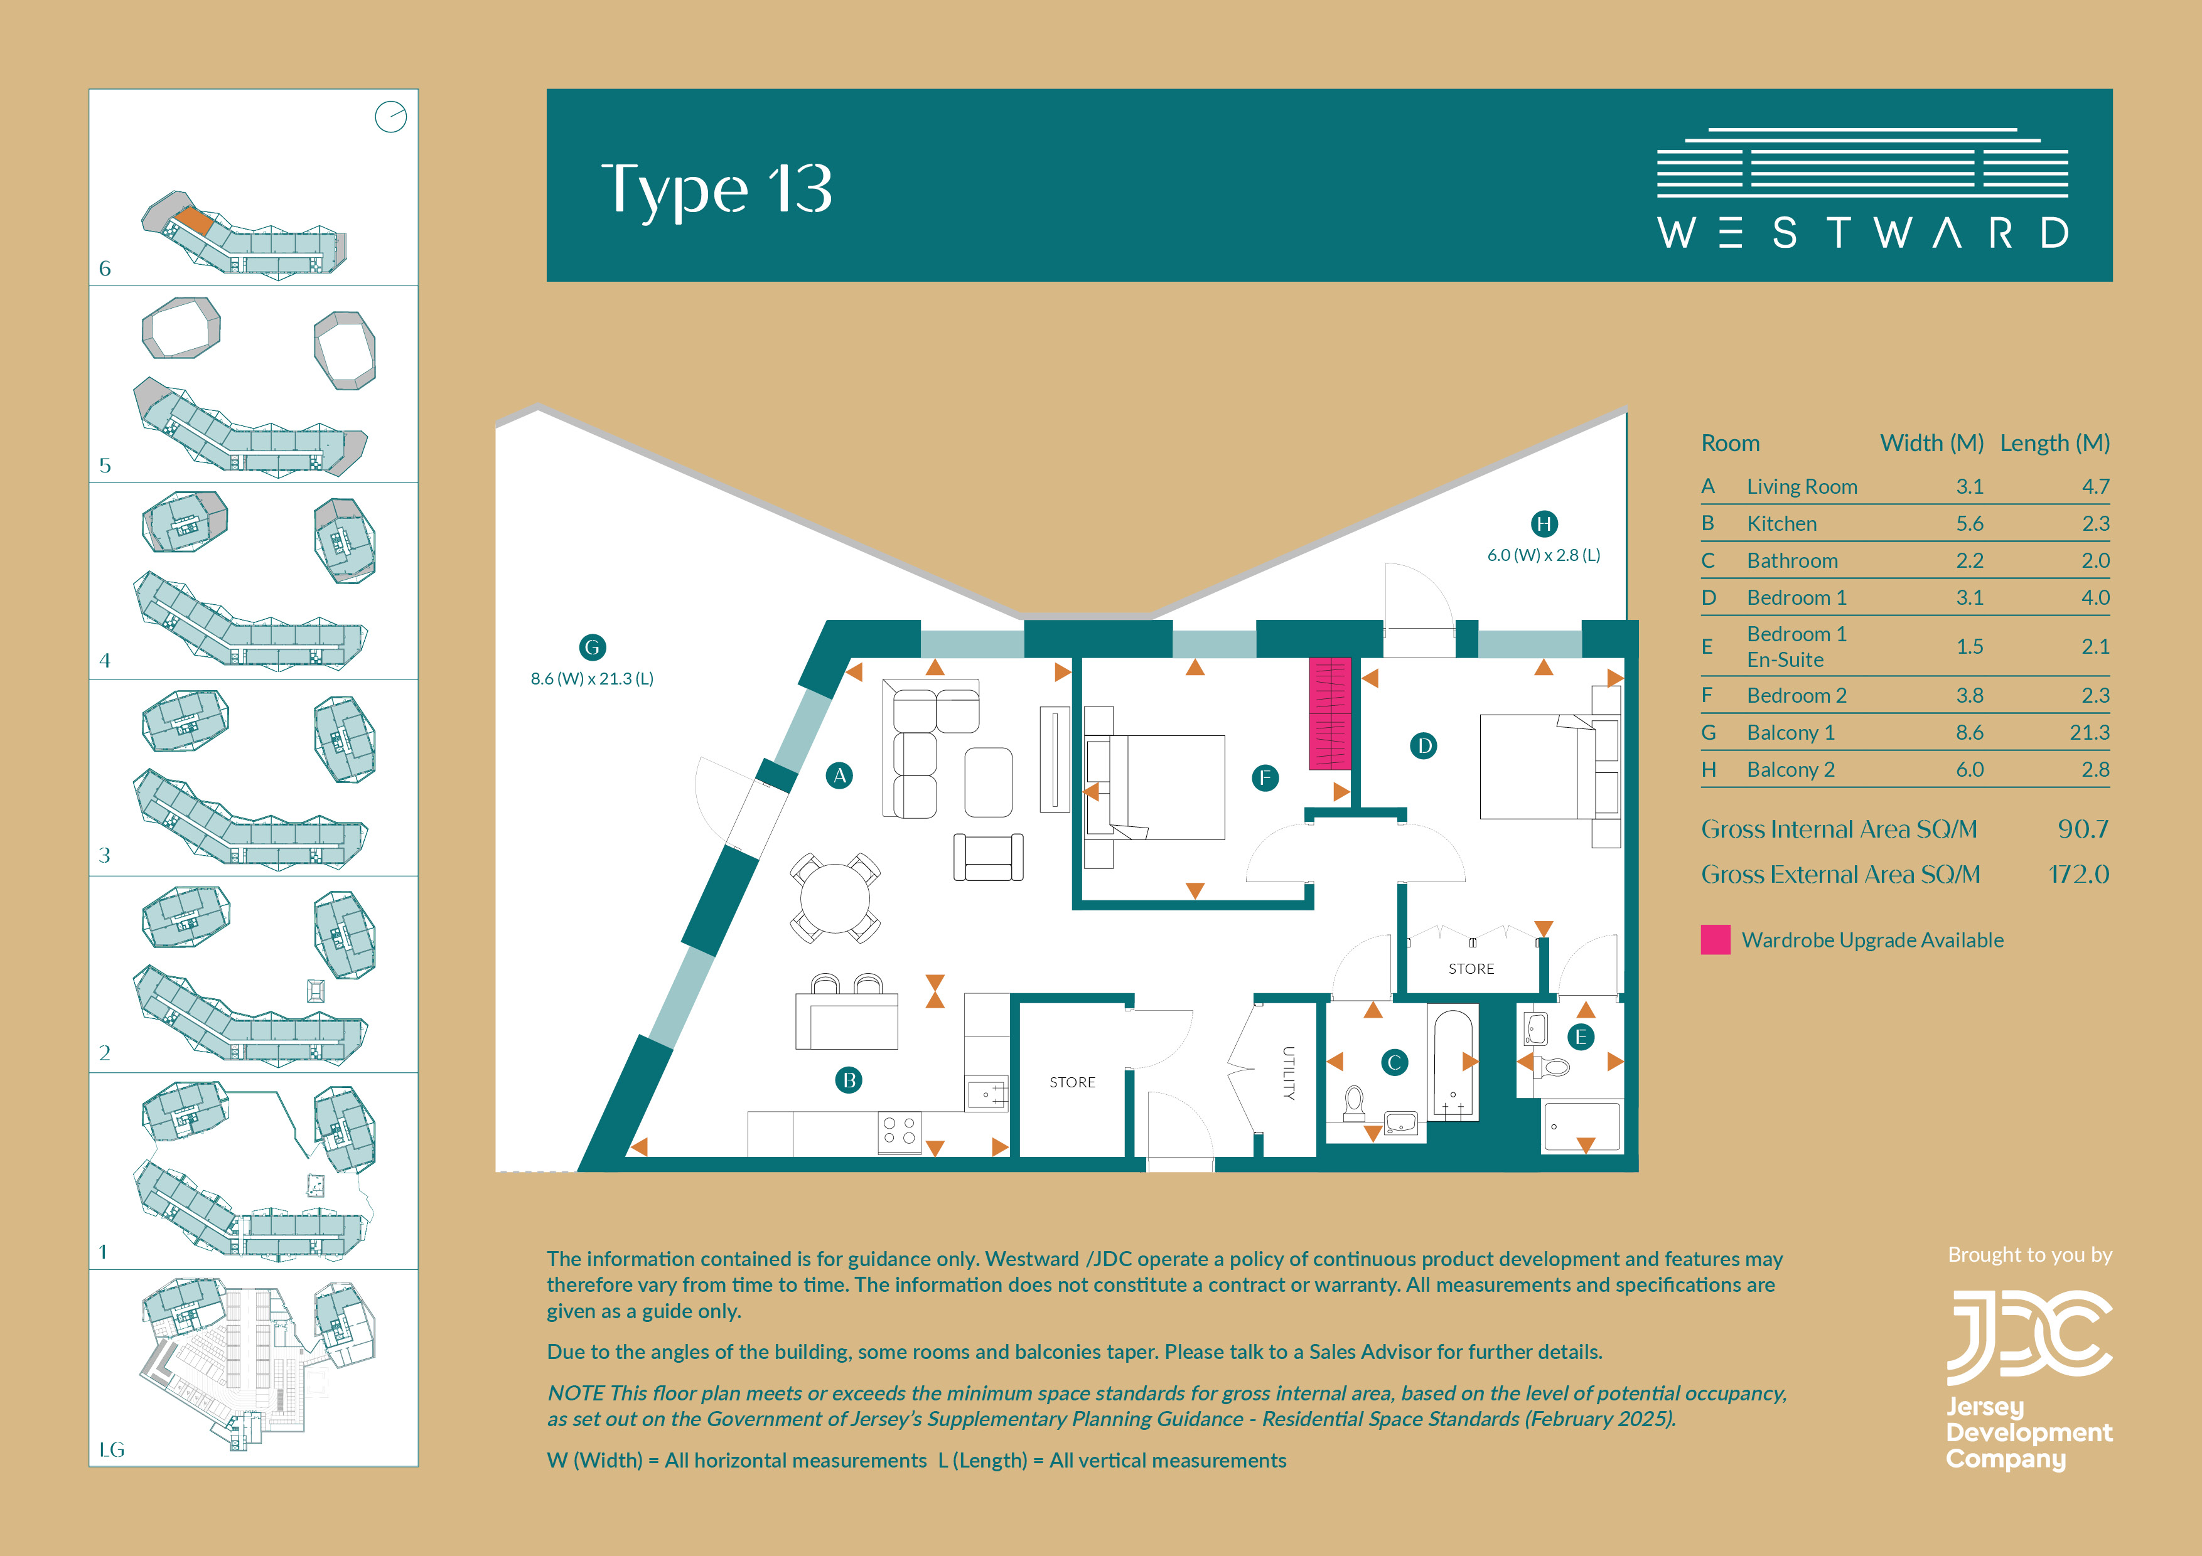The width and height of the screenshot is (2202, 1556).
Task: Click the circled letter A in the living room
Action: click(839, 775)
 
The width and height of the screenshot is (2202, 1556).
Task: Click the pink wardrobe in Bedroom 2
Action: click(1330, 713)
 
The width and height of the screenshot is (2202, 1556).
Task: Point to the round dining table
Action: click(835, 898)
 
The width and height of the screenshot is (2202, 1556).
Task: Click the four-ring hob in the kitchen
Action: click(900, 1132)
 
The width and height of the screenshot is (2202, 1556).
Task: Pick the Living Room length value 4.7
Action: click(2095, 486)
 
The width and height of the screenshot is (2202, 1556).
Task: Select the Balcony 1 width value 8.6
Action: click(1969, 732)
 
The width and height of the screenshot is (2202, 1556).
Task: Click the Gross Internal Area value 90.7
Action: click(2083, 829)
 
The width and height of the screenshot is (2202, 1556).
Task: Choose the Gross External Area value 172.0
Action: click(2078, 875)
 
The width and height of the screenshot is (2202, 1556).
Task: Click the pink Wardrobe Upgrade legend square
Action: click(1716, 939)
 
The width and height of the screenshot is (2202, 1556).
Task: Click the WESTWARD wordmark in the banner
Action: click(1862, 233)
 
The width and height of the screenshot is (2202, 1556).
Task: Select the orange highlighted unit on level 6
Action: click(195, 221)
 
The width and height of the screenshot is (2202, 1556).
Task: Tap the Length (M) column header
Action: click(2054, 443)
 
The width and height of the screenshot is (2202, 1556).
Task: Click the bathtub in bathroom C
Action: click(1453, 1062)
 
